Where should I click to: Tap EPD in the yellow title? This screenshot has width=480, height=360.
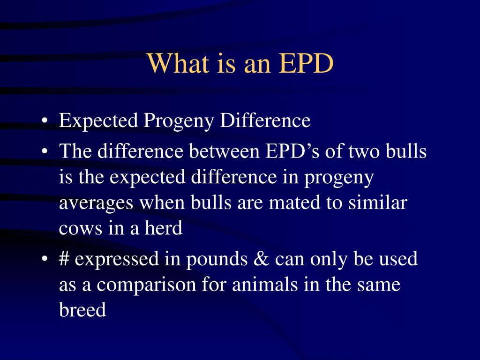(x=306, y=63)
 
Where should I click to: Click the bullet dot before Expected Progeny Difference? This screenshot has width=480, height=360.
(x=45, y=121)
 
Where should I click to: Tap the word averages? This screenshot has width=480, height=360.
(x=96, y=204)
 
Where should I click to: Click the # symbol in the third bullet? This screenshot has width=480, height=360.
(x=64, y=259)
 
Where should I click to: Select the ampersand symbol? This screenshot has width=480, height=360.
(x=262, y=259)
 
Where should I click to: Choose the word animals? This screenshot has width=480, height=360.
(x=265, y=284)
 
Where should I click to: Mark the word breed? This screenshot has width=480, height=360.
(x=82, y=309)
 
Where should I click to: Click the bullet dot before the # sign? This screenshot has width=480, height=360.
(x=45, y=259)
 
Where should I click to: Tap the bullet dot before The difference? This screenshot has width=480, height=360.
(x=45, y=151)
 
